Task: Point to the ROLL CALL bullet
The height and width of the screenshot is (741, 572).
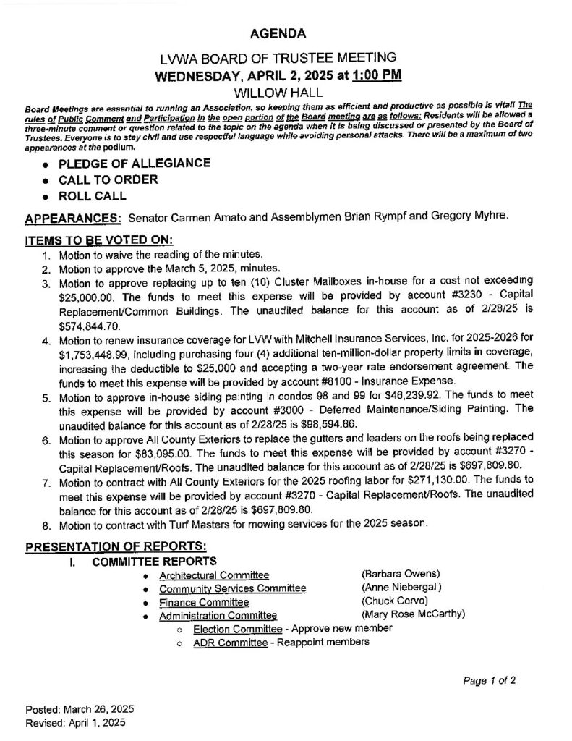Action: (98, 195)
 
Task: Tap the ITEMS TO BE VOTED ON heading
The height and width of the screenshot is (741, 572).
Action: (99, 240)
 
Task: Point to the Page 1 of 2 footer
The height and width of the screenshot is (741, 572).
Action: (490, 680)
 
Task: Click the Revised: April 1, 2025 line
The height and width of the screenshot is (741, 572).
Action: (76, 722)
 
